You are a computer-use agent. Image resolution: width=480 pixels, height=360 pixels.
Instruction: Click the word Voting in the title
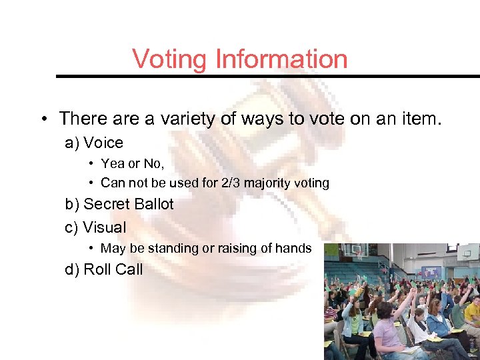[170, 59]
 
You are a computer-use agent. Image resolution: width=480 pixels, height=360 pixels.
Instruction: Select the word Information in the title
[281, 59]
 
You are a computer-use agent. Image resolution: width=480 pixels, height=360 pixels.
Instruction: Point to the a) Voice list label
[94, 143]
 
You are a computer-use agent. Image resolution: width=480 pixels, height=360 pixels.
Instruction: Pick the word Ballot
[154, 205]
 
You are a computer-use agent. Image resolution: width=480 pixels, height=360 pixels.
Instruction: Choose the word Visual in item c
[105, 227]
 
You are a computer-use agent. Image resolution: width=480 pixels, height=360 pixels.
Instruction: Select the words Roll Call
[113, 270]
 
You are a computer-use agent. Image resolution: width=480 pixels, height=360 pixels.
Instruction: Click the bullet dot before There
[42, 120]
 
